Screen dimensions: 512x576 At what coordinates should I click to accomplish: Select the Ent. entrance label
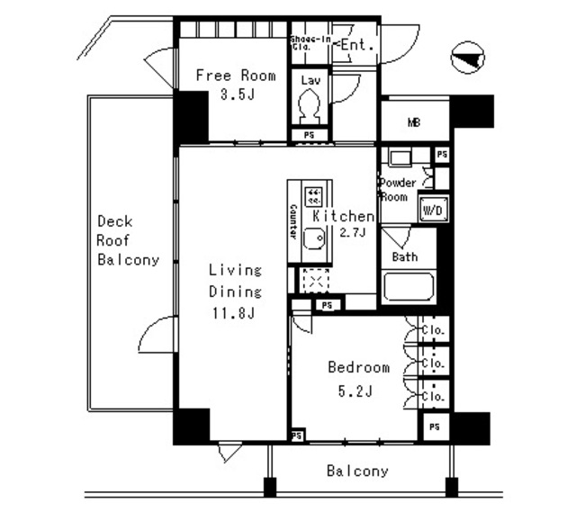(355, 44)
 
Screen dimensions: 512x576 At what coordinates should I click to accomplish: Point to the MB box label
(414, 123)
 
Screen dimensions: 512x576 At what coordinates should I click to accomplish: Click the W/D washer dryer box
(432, 210)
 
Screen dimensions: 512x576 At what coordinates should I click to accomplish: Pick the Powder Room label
(397, 189)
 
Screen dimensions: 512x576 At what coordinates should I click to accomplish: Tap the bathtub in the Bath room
(409, 290)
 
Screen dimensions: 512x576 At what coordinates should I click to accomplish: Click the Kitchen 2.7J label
(343, 225)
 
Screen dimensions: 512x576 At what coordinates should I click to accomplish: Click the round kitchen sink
(313, 239)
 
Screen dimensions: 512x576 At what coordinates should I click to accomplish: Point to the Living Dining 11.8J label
(235, 292)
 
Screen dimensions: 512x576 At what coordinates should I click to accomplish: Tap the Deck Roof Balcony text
(128, 240)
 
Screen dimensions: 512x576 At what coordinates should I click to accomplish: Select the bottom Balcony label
(357, 471)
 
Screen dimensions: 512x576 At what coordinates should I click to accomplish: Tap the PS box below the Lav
(309, 135)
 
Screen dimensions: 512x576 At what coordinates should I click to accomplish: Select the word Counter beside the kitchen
(293, 220)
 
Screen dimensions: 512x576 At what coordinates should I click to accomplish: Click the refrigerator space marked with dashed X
(315, 281)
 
